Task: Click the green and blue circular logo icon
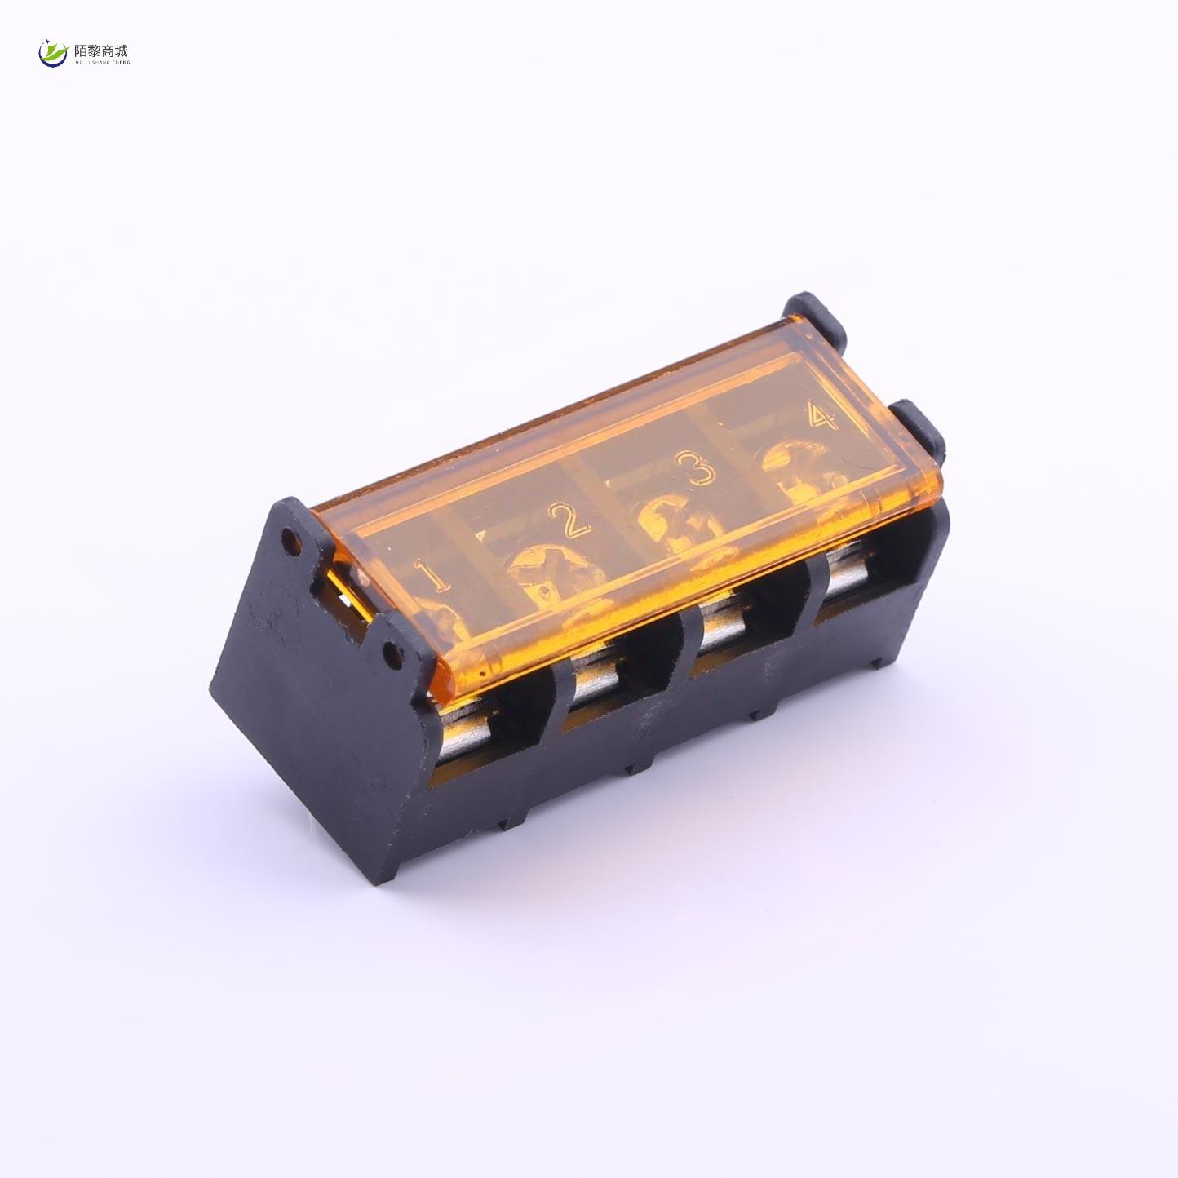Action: point(53,54)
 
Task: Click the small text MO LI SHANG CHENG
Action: point(101,62)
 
